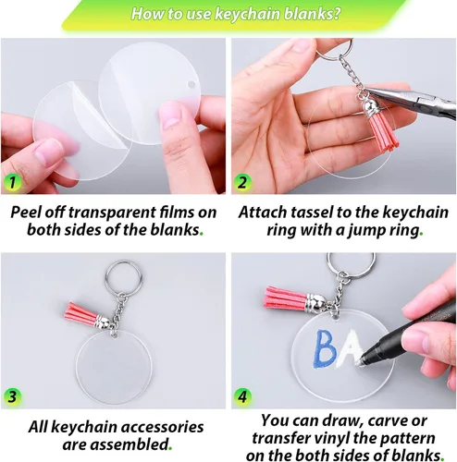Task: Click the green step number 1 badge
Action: tap(12, 182)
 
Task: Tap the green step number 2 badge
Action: tap(242, 182)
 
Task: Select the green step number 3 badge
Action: tap(12, 397)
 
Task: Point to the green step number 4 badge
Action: tap(242, 397)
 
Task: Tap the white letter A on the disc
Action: tap(349, 348)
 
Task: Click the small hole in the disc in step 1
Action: tap(191, 84)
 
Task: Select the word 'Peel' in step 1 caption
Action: tap(26, 213)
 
